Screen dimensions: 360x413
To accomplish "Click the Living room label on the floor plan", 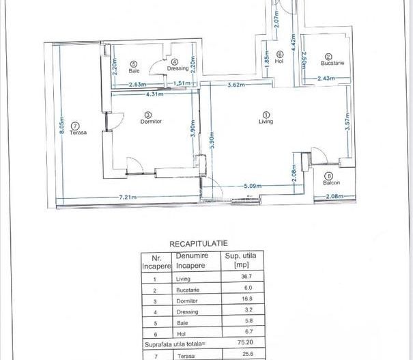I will click(x=266, y=122).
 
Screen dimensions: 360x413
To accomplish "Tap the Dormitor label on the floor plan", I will click(x=150, y=122).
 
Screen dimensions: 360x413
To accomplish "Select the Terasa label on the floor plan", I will click(x=75, y=133).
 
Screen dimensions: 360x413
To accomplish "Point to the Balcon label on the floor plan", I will click(x=332, y=182).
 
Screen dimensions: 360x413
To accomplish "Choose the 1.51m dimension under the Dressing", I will click(x=181, y=84).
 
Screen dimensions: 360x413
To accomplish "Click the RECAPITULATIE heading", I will click(x=199, y=243).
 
